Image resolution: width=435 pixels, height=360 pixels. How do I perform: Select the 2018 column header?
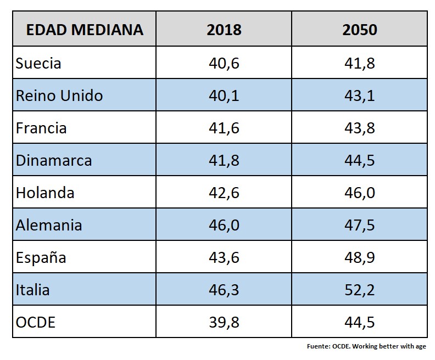224,29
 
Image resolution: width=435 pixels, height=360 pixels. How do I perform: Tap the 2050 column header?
360,29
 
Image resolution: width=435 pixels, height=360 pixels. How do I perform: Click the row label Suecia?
38,63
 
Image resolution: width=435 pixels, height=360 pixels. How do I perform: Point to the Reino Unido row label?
59,95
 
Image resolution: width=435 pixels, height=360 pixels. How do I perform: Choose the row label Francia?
41,128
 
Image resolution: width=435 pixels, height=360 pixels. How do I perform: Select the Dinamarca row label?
54,160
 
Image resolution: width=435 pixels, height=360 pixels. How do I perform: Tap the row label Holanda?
45,193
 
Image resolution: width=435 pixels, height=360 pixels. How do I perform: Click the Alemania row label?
49,225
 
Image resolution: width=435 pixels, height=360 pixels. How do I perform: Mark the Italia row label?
32,289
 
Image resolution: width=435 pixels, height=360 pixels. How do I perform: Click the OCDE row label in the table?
36,322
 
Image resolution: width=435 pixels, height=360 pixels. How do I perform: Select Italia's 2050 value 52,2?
360,289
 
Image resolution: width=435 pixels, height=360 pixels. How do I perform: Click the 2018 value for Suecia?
224,63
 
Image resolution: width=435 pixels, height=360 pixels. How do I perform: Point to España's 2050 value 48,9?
360,257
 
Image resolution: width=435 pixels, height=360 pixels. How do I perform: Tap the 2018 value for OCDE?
224,322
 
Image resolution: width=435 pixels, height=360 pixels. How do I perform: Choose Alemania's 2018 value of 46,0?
224,225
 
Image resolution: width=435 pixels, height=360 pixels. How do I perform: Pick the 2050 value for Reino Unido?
360,95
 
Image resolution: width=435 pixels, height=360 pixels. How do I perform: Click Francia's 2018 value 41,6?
224,128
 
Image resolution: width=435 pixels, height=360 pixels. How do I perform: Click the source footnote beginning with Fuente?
366,346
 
